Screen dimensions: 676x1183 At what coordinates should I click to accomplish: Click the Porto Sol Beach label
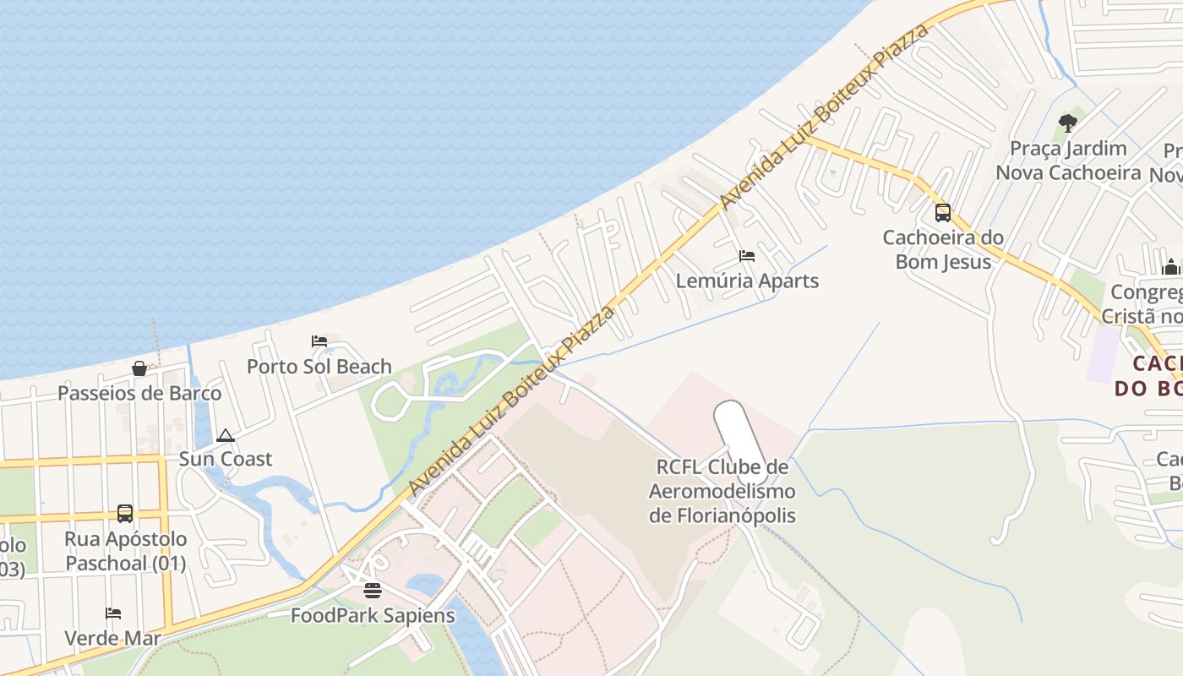319,367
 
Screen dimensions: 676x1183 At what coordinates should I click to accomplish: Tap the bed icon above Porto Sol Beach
319,341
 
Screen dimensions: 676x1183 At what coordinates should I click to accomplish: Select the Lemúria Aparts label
747,281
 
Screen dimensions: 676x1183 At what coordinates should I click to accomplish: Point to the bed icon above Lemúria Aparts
747,255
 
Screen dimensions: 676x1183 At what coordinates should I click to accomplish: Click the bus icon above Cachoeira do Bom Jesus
943,213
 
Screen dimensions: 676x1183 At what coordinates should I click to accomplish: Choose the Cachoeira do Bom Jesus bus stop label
943,249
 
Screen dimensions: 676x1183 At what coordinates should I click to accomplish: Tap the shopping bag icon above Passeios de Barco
139,368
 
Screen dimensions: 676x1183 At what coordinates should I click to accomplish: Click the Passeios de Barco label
139,393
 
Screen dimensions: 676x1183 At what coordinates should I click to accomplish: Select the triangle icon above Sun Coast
225,435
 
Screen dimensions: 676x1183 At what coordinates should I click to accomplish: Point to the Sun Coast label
225,459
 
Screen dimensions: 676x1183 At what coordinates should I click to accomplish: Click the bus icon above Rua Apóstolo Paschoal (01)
125,513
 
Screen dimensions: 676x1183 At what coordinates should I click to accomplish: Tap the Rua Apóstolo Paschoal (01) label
125,551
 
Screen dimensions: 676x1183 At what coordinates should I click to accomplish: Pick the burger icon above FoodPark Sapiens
373,590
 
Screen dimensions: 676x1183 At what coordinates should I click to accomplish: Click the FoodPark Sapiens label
373,615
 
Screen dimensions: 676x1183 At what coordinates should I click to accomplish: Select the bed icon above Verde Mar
113,613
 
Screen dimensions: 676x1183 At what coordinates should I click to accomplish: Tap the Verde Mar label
113,637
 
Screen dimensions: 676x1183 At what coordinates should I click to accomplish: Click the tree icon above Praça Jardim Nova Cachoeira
1068,123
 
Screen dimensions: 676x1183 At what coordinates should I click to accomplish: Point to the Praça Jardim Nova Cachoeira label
1068,161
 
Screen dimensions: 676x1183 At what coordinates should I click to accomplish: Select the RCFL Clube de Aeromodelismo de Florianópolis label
722,491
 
